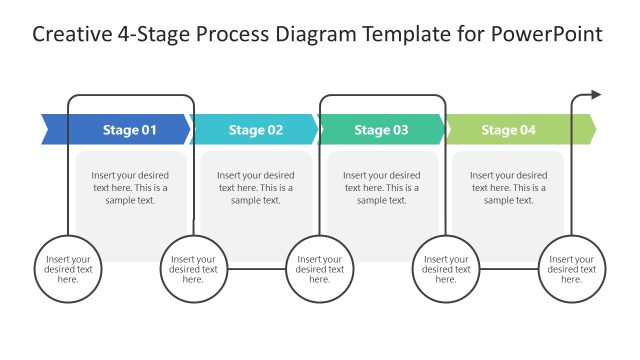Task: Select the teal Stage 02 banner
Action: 256,129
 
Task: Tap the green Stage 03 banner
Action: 381,129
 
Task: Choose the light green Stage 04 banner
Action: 508,129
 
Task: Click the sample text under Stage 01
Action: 130,187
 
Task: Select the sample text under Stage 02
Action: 256,187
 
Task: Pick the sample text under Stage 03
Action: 382,187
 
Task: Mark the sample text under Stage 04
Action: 508,187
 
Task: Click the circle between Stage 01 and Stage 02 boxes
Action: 194,268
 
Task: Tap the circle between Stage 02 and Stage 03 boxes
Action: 320,268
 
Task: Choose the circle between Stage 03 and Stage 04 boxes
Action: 446,268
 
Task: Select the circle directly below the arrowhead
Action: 572,268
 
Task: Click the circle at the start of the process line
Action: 68,268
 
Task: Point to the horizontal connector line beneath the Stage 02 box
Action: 257,268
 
